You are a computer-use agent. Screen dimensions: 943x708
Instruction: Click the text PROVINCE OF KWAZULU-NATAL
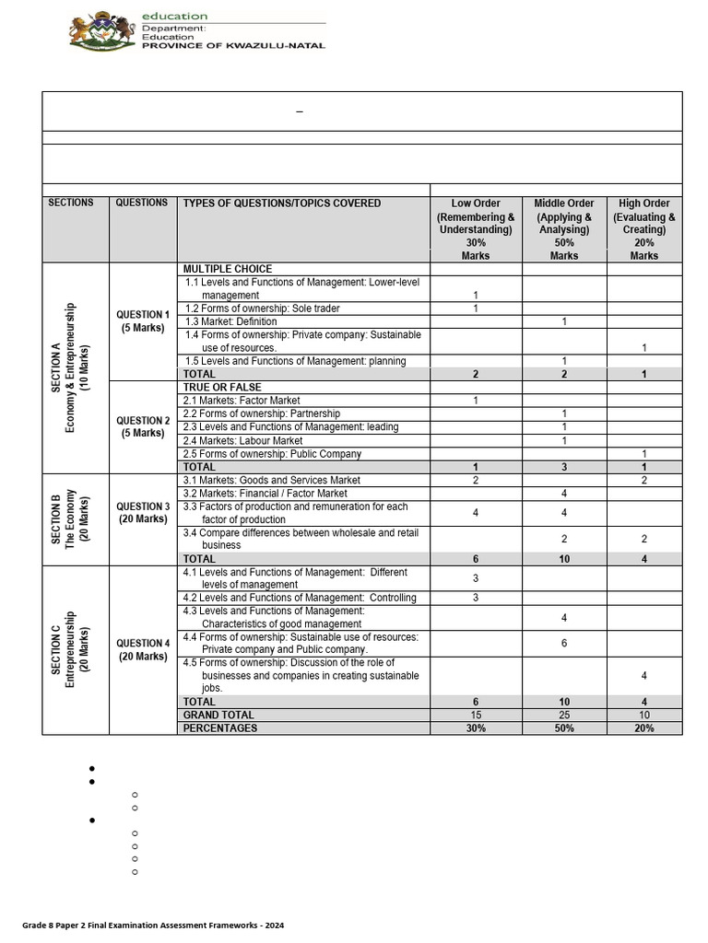tap(233, 46)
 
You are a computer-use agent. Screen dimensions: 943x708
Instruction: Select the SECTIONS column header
tap(71, 203)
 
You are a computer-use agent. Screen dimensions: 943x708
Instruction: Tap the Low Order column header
tap(476, 229)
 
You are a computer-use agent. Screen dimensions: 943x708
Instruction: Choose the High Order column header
tap(644, 229)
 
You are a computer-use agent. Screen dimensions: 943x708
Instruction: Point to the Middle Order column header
tap(564, 229)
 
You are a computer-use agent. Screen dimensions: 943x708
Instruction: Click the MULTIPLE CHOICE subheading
tap(227, 269)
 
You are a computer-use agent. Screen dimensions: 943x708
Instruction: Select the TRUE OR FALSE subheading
tap(222, 388)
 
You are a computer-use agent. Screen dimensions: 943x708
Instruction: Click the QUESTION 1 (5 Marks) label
tap(142, 321)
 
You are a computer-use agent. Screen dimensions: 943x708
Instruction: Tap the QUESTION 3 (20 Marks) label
tap(142, 513)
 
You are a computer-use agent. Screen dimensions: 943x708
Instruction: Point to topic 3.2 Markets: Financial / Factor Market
tap(265, 494)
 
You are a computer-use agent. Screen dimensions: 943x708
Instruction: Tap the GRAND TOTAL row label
tap(218, 715)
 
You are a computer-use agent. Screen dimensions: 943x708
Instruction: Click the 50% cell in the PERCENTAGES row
tap(564, 728)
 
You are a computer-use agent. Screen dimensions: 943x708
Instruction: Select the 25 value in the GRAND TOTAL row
tap(564, 715)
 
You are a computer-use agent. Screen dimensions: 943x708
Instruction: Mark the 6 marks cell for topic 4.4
tap(564, 644)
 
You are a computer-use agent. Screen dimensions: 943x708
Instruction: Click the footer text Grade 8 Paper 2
tap(153, 925)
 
